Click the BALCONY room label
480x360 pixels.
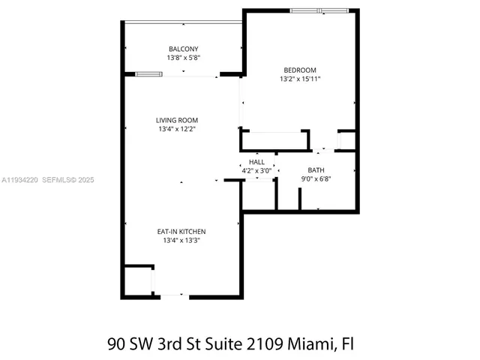coord(183,49)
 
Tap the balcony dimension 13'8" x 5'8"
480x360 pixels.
coord(183,58)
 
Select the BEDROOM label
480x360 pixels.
coord(299,71)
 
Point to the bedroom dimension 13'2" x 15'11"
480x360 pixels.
coord(299,80)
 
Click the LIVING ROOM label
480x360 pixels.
coord(177,120)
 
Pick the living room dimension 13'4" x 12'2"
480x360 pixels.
coord(177,129)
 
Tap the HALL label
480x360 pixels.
coord(256,161)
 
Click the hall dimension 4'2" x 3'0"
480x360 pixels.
coord(256,170)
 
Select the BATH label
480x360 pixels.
coord(316,169)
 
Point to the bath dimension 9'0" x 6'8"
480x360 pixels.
coord(316,178)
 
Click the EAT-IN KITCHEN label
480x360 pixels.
coord(180,232)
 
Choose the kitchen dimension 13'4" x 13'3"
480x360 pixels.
coord(180,241)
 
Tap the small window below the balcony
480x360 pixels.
coord(148,73)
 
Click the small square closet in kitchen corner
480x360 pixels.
coord(136,280)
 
